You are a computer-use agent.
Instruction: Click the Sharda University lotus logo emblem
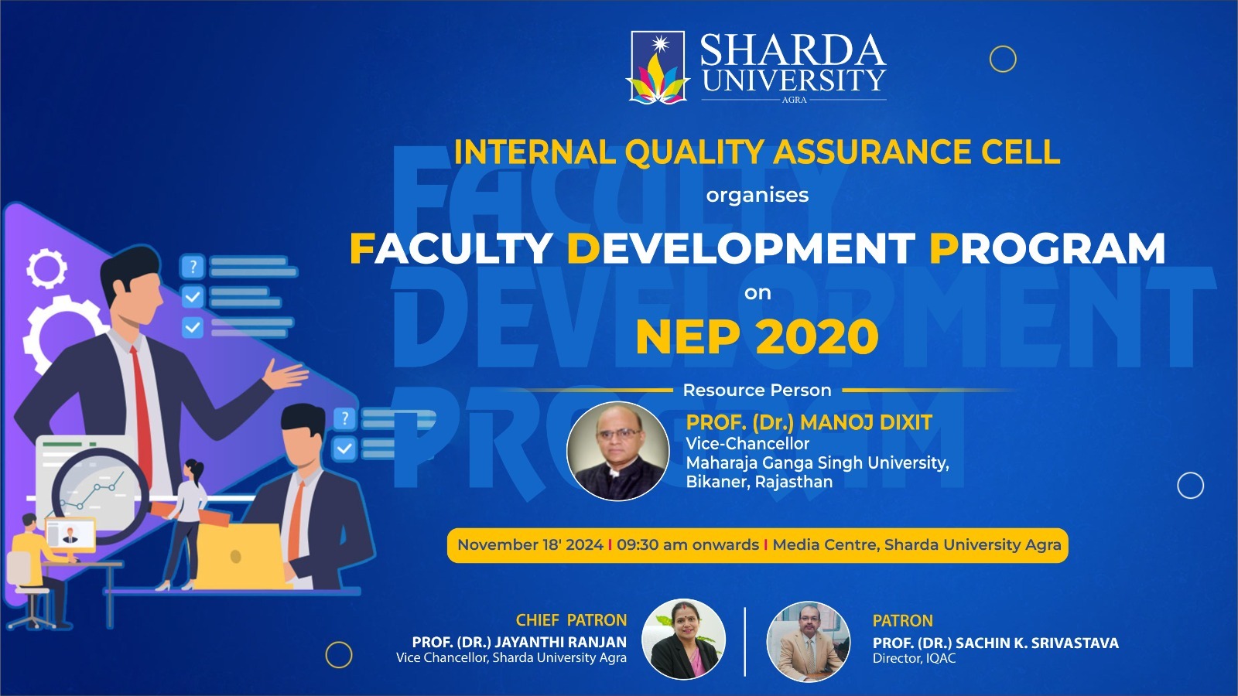[x=658, y=67]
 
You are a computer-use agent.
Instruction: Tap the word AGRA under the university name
[x=794, y=100]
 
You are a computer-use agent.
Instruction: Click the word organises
[x=758, y=196]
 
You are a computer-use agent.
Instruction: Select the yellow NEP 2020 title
[x=758, y=336]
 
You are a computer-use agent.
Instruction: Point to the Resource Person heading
[x=758, y=390]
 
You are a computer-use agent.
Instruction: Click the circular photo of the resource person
[x=618, y=452]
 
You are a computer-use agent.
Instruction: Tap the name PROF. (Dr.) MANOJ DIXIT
[x=809, y=422]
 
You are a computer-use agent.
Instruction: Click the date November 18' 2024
[x=530, y=544]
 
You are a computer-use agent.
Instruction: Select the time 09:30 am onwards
[x=688, y=544]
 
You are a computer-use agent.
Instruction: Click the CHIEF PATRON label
[x=572, y=620]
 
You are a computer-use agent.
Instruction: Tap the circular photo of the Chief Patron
[x=684, y=639]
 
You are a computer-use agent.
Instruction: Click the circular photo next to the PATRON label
[x=808, y=641]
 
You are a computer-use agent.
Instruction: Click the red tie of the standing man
[x=142, y=415]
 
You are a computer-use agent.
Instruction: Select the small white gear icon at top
[x=46, y=268]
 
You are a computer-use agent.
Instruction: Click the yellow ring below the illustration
[x=339, y=655]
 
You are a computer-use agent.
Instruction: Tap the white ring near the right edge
[x=1191, y=486]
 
